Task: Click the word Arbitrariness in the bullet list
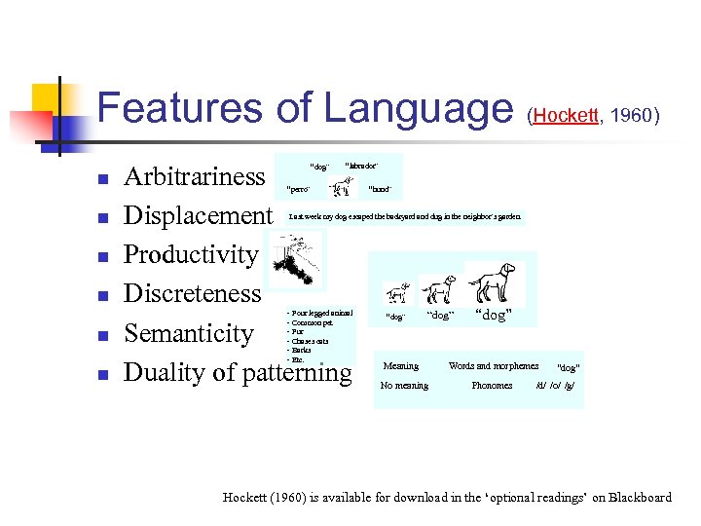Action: (x=194, y=176)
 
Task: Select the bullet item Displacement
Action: (x=199, y=215)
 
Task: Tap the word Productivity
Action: (x=191, y=254)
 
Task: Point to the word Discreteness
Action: (x=193, y=293)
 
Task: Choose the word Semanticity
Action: (x=189, y=333)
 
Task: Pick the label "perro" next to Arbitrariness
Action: (x=298, y=189)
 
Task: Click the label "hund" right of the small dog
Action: (x=380, y=189)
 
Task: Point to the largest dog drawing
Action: (x=495, y=282)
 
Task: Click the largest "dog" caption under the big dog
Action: (x=493, y=316)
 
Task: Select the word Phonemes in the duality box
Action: (x=492, y=386)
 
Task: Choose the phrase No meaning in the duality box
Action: (x=404, y=386)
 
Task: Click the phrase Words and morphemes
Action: (x=493, y=366)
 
